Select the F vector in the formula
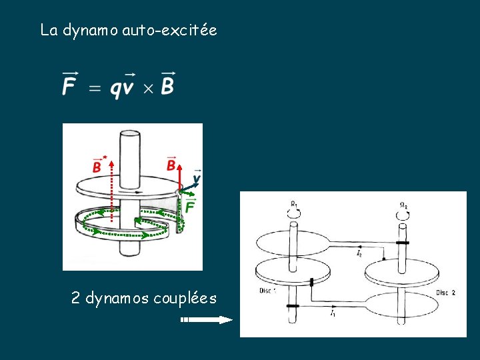tap(69, 84)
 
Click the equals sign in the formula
tap(95, 88)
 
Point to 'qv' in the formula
tap(122, 87)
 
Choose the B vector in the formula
tap(167, 84)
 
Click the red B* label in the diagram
tap(98, 165)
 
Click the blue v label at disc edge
tap(197, 179)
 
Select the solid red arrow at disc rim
tap(179, 179)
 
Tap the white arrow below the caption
tap(207, 320)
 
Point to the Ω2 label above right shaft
tap(404, 205)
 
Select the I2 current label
tap(359, 253)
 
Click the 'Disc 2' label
tap(446, 293)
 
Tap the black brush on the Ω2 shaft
tap(401, 243)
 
